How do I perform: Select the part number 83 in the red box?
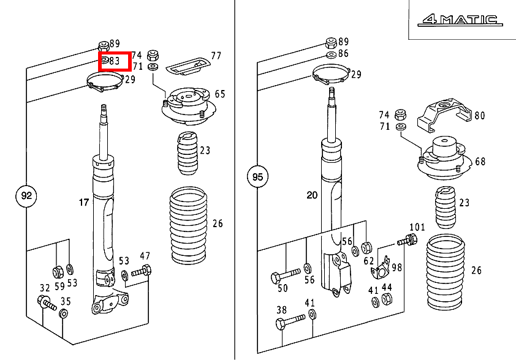point(114,61)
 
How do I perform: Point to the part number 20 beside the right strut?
point(312,195)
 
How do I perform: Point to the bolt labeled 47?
point(143,271)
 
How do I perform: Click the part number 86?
point(343,54)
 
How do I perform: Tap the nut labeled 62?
point(366,248)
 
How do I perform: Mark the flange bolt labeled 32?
point(46,302)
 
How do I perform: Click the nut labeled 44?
point(387,299)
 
